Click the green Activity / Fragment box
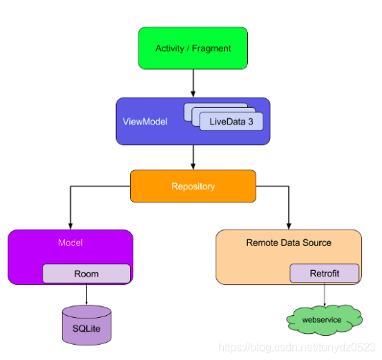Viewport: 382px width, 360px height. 193,48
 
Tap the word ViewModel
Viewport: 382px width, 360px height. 145,122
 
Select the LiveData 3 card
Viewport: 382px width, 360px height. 231,122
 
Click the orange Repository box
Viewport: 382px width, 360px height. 193,186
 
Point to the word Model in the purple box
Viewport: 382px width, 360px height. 70,243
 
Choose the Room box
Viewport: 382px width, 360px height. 86,274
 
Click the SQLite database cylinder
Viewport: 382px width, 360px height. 87,325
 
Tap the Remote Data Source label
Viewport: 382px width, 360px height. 289,243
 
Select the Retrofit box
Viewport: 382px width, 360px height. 325,273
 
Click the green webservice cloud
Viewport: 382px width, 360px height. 324,320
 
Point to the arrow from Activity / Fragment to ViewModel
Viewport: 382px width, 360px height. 193,84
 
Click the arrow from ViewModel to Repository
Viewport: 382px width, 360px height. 193,158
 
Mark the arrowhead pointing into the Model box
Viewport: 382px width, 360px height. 70,226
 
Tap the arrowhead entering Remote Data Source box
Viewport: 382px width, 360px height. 289,226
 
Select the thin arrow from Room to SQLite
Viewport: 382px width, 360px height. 86,294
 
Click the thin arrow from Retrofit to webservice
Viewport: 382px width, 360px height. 325,294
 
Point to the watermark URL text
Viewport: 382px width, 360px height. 297,348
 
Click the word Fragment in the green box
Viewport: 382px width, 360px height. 211,48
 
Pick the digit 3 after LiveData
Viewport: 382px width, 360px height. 251,122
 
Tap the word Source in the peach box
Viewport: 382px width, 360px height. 316,243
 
